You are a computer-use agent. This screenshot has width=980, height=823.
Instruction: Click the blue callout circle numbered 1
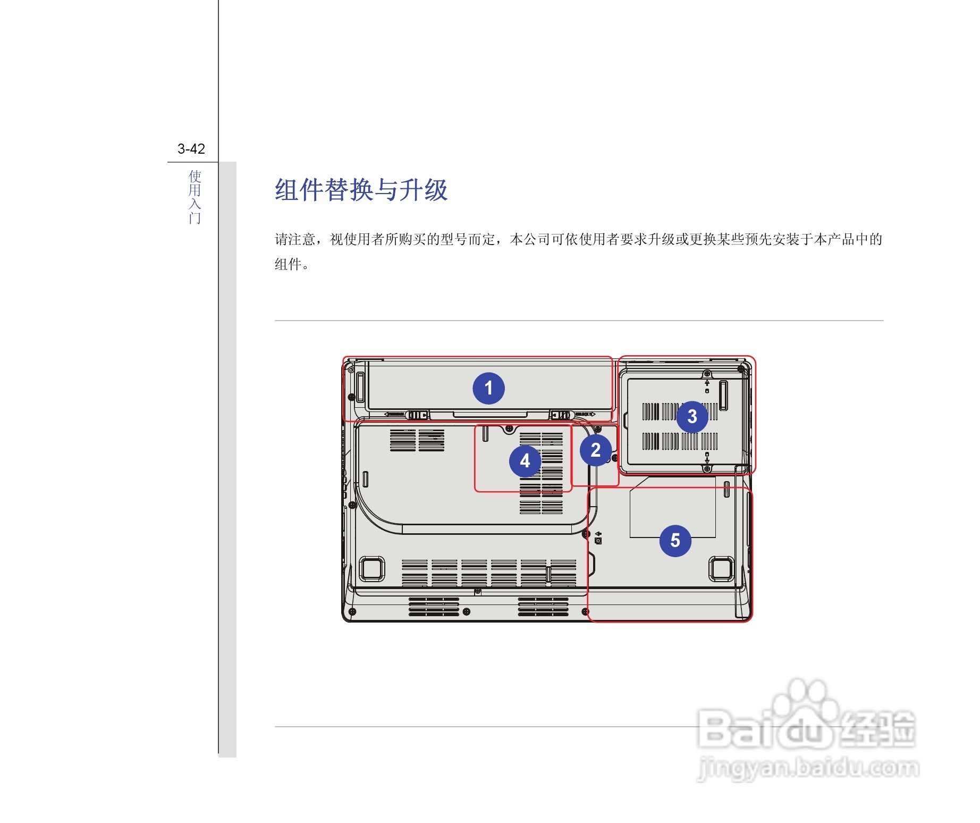pos(488,388)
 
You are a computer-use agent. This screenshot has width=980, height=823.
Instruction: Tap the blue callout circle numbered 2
pos(595,450)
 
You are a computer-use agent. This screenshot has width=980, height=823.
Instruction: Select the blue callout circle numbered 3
pos(692,416)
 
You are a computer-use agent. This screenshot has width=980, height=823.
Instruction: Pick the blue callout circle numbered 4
pos(525,461)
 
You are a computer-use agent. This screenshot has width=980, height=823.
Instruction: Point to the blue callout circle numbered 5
pos(675,541)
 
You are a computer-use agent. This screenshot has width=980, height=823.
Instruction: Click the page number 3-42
pos(191,149)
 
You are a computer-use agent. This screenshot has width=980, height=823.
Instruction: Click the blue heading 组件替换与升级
pos(361,190)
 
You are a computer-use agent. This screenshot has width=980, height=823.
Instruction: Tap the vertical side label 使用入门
pos(195,197)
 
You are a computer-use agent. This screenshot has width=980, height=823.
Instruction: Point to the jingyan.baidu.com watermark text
pos(808,768)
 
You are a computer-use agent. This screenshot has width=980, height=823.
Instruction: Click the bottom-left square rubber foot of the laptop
pos(372,568)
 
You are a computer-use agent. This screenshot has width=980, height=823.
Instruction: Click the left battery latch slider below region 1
pos(418,415)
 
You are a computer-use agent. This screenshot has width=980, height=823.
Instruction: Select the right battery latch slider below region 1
pos(561,415)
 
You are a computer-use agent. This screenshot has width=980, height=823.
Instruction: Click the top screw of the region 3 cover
pos(707,373)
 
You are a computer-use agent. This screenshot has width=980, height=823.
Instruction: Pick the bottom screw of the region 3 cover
pos(707,468)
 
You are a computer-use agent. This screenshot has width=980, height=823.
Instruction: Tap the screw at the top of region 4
pos(509,429)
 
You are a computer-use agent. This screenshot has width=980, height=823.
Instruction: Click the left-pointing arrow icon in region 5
pos(598,533)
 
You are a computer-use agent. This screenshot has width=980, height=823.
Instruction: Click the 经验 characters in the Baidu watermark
pos(877,729)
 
